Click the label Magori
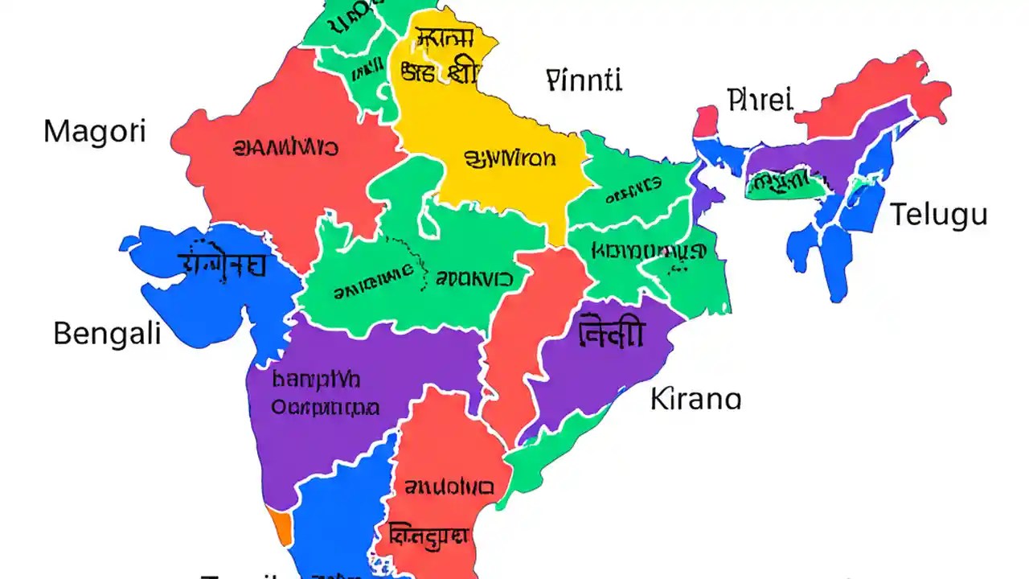[x=95, y=131]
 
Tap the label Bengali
[x=107, y=333]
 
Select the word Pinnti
[x=584, y=80]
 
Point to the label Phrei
[x=760, y=101]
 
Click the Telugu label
[x=938, y=216]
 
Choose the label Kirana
[x=695, y=399]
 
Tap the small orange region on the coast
[x=281, y=527]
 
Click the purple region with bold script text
[x=603, y=362]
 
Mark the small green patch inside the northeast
[x=784, y=184]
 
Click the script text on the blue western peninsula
[x=222, y=263]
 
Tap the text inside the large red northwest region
[x=285, y=147]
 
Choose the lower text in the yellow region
[x=510, y=158]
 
